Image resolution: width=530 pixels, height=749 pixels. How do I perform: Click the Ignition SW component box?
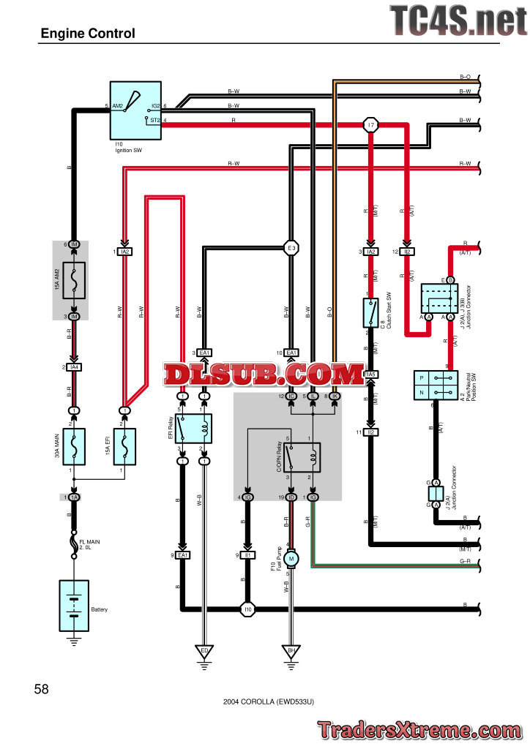coord(135,110)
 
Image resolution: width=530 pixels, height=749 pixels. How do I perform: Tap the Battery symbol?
coord(74,606)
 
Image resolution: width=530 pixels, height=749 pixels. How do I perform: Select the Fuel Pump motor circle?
coord(291,559)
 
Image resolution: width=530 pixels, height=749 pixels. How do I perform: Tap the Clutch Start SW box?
coord(370,312)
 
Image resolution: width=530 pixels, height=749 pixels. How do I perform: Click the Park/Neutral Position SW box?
coord(436,384)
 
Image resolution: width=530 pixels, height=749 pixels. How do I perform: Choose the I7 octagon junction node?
coord(371,126)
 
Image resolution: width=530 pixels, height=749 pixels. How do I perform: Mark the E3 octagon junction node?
coord(291,249)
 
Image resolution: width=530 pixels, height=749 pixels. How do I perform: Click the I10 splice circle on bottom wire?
coord(248,609)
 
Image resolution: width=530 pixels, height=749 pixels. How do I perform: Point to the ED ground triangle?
coord(204,650)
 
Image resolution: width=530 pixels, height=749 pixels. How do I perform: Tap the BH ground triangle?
coord(291,650)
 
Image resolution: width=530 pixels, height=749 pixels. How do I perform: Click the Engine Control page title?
coord(88,34)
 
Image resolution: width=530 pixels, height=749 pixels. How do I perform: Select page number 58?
coord(42,688)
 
